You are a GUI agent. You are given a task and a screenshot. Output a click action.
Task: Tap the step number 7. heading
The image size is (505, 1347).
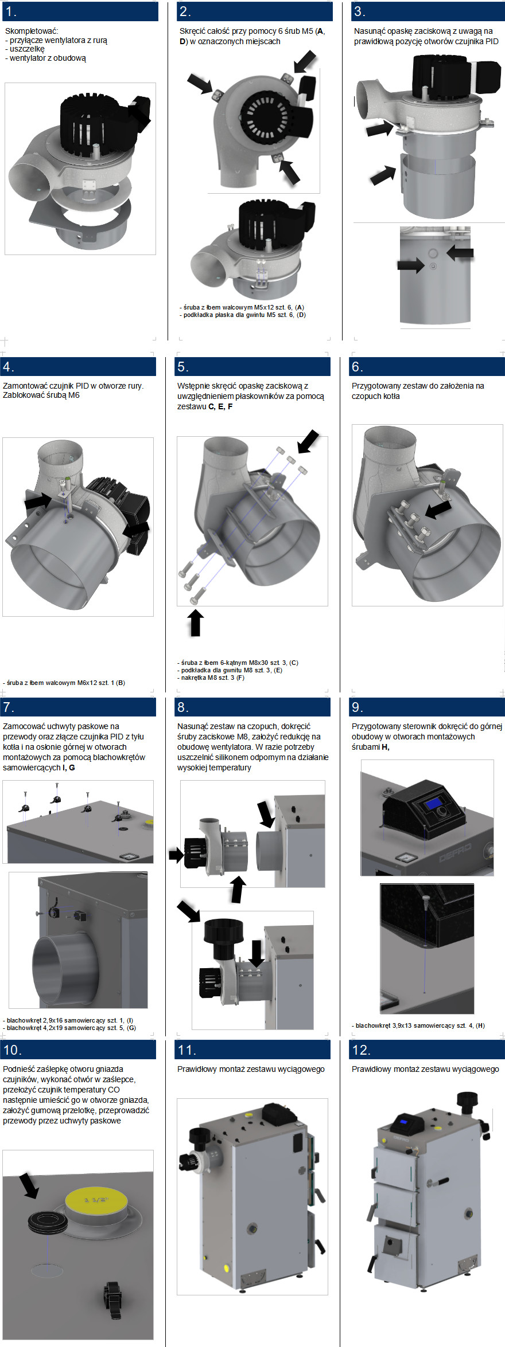[9, 707]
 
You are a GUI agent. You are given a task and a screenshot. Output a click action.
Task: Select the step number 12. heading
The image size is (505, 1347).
[360, 1050]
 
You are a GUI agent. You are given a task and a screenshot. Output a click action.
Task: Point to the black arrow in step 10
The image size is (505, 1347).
[29, 1186]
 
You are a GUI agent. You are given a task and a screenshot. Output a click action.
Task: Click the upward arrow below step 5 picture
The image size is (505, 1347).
[196, 623]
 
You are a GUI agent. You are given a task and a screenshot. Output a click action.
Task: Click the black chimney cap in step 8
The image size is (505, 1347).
[224, 931]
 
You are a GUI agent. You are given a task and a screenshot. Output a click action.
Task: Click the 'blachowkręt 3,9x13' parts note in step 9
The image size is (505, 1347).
[418, 1025]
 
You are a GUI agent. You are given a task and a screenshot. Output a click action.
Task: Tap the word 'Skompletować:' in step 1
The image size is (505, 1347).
[32, 31]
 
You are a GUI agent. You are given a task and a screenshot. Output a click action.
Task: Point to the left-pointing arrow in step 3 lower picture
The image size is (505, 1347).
[460, 252]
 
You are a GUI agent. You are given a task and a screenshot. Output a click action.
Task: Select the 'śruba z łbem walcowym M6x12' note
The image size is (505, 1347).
[64, 683]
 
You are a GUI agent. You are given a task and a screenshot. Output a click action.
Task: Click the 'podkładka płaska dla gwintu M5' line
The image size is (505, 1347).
[243, 315]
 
